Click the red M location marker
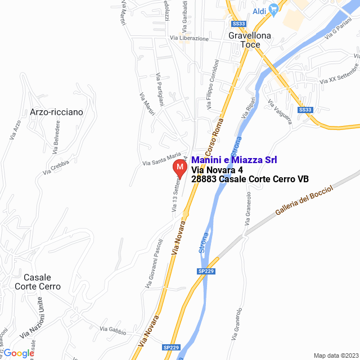[179, 168]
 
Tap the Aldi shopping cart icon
[274, 9]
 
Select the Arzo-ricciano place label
[56, 112]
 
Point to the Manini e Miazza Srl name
[234, 160]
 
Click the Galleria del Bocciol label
[304, 201]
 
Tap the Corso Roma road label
[214, 138]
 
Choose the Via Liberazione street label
[189, 39]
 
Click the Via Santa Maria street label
[161, 159]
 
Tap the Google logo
[19, 353]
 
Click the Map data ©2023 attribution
[335, 355]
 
